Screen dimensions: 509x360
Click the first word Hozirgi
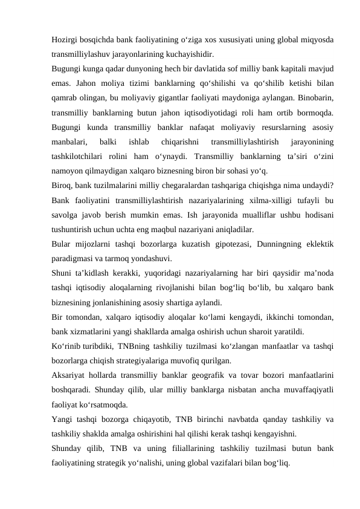click(x=65, y=39)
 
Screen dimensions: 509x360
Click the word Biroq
click(x=62, y=184)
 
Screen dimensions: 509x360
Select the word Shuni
click(x=63, y=272)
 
